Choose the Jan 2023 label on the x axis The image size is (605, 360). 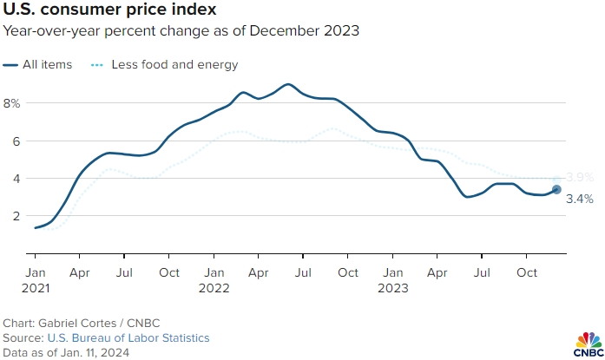391,279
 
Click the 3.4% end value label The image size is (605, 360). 579,199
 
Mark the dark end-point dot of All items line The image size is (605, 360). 556,189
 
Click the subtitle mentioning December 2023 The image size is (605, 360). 181,31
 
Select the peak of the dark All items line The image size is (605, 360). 286,84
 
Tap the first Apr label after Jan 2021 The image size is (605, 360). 79,272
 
